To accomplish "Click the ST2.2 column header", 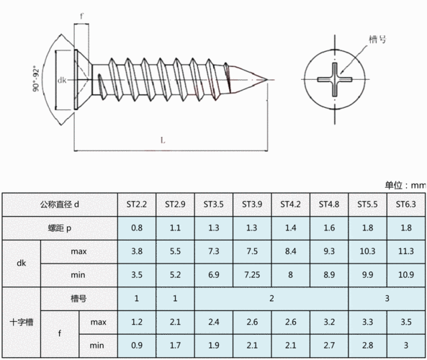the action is coord(137,204).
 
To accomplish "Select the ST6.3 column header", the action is coord(406,204).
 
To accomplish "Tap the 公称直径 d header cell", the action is coord(60,204).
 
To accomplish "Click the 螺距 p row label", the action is coord(60,228).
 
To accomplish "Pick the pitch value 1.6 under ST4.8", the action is coord(329,228).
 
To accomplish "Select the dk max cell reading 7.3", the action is coord(213,251).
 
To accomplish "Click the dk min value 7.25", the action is coord(252,275).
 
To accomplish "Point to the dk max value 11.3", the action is coord(406,251).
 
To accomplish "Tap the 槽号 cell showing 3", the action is coord(387,299).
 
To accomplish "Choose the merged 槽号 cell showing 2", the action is coord(271,299).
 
